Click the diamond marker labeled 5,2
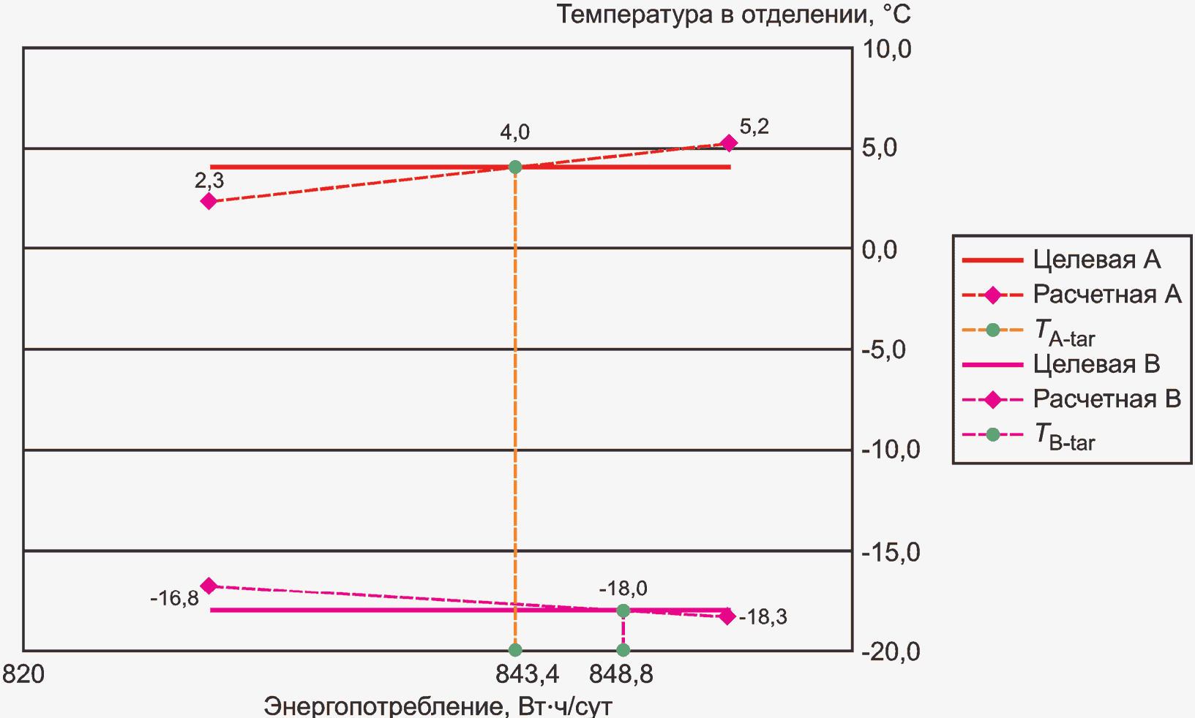[x=728, y=143]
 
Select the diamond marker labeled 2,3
[x=209, y=201]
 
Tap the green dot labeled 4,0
[x=515, y=167]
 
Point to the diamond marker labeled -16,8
[x=209, y=586]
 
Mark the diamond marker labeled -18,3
[x=727, y=616]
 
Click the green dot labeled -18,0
[x=623, y=611]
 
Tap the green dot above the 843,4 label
[x=515, y=649]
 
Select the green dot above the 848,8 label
[x=623, y=649]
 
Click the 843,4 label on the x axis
[x=527, y=674]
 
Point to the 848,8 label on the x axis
[x=621, y=674]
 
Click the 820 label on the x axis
[x=23, y=674]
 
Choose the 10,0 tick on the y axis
[x=887, y=50]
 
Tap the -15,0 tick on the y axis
[x=890, y=552]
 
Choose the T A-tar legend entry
[x=1064, y=331]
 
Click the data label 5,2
[x=754, y=127]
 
